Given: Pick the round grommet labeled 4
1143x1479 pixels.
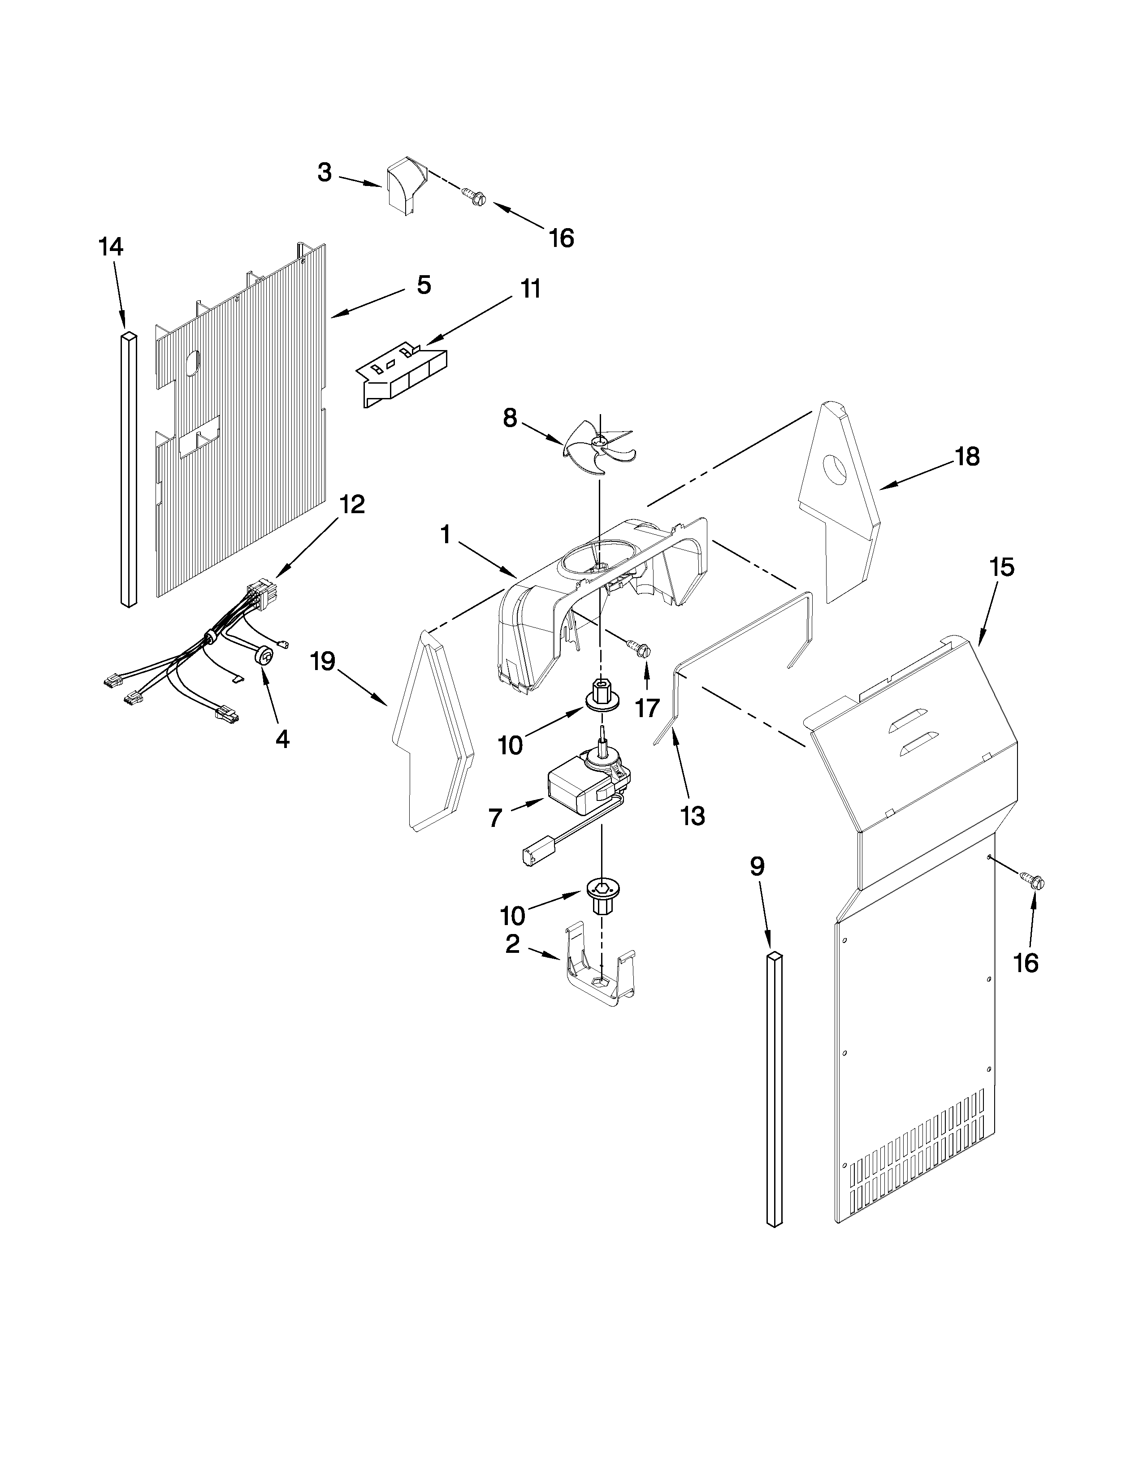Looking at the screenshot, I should [x=265, y=656].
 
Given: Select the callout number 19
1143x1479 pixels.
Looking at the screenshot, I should [x=323, y=661].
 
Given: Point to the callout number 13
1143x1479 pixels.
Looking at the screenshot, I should [x=693, y=816].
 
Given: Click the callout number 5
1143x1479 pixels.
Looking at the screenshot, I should [x=423, y=285].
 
